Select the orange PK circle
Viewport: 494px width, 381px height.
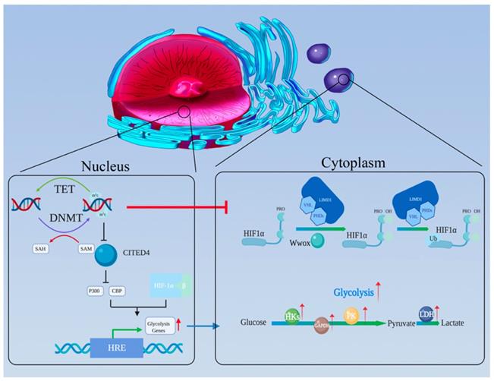click(x=351, y=314)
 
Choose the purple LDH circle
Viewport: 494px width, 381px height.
click(x=426, y=313)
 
